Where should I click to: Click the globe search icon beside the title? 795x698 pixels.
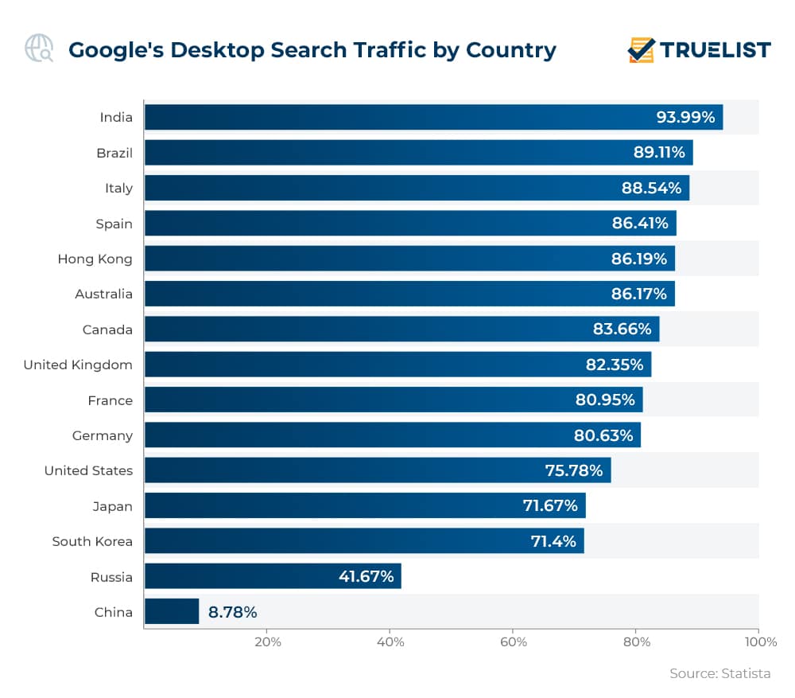pos(39,49)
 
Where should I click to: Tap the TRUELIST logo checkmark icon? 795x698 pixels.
pos(641,49)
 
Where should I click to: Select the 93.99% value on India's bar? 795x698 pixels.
pos(685,117)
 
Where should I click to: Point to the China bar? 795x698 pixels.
pos(172,611)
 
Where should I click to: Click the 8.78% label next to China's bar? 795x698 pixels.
pos(232,612)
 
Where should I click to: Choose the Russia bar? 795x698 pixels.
pos(273,576)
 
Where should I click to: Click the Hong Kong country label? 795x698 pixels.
pos(95,259)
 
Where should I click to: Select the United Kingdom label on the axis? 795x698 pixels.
pos(78,365)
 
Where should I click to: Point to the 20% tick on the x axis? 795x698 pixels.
pos(267,642)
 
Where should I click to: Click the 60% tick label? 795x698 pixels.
pos(514,642)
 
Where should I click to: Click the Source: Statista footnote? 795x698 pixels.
pos(719,673)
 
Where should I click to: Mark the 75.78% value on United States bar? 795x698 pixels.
pos(573,470)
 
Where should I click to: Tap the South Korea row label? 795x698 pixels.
pos(92,541)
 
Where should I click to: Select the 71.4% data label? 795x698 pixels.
pos(553,541)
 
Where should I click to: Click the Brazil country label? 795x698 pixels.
pos(114,153)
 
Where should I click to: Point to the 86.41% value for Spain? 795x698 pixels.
pos(639,223)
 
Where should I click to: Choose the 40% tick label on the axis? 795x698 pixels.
pos(390,642)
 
